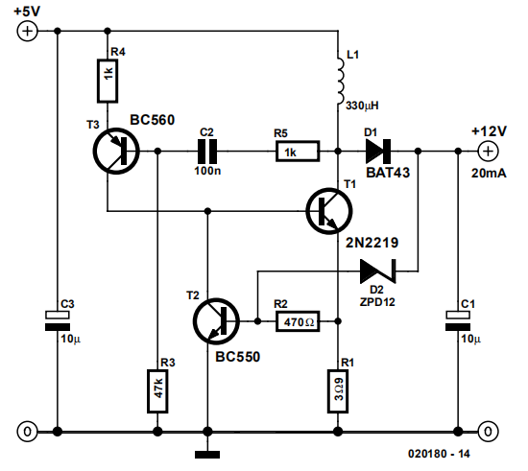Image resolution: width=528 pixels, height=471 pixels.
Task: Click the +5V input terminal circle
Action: [x=27, y=32]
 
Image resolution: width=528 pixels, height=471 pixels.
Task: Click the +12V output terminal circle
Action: [x=488, y=152]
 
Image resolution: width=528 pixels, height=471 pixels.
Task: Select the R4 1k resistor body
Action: [x=108, y=81]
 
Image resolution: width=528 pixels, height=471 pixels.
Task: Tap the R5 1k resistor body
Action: [x=298, y=152]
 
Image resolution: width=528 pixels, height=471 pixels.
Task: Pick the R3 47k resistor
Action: [x=157, y=391]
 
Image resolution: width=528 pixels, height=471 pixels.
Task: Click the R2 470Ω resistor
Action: [x=298, y=321]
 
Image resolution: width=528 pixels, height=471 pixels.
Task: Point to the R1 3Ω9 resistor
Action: [x=338, y=391]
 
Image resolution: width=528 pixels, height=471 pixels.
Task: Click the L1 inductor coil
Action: [x=340, y=81]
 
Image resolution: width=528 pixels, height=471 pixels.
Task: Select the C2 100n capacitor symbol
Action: [x=207, y=152]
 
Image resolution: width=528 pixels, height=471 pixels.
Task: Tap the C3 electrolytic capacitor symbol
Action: [x=58, y=321]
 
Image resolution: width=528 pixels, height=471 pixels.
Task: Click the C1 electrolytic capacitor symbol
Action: [x=458, y=321]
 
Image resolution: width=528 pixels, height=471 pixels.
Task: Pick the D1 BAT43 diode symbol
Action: [x=378, y=152]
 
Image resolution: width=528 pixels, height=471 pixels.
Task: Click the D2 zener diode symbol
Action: [x=378, y=271]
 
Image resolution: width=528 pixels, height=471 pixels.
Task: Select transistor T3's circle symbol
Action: [x=116, y=151]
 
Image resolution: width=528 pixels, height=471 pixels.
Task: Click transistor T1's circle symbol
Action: [x=329, y=211]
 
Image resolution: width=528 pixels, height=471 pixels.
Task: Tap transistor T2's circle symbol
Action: [x=216, y=321]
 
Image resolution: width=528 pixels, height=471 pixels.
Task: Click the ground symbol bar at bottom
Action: [x=207, y=455]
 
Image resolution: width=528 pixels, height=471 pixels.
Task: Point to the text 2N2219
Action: [x=372, y=243]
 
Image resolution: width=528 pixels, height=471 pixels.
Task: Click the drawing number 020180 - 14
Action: [x=439, y=454]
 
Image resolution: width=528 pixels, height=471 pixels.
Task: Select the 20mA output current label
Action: [x=489, y=174]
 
